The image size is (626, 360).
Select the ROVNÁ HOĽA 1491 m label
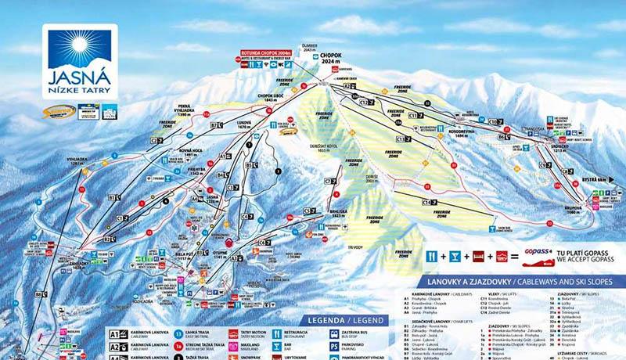coord(190,151)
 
